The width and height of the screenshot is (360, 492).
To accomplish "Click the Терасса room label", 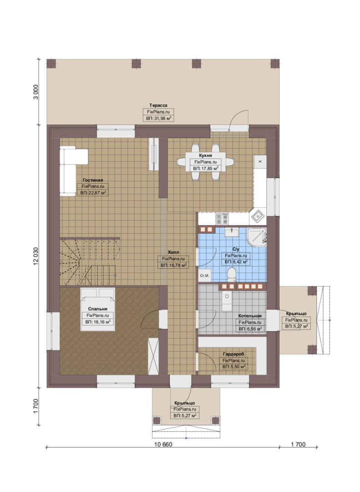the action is tap(158, 105).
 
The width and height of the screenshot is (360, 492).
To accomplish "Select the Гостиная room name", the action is tap(93, 180).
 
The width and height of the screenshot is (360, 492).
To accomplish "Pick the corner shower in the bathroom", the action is tap(257, 237).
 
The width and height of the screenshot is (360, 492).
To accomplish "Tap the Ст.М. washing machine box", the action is tap(204, 276).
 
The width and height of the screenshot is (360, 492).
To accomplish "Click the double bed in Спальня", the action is tap(97, 309).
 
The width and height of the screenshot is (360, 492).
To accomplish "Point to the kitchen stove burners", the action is tap(222, 218).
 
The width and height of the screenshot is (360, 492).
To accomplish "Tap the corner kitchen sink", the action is tap(258, 216).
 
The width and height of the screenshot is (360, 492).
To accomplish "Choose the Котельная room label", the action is tap(250, 316).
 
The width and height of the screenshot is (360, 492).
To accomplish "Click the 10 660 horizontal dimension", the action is tap(163, 444).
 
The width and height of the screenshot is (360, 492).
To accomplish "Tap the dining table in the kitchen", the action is tap(205, 162).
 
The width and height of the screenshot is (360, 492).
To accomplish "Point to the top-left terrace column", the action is tap(51, 64).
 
